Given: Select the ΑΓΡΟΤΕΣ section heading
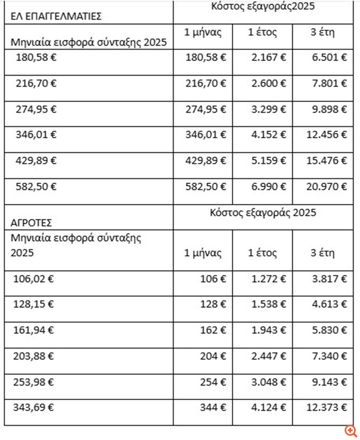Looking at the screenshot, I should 31,223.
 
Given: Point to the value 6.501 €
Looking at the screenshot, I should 329,57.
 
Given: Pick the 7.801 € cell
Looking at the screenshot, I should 329,83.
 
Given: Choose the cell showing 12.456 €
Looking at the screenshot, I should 327,135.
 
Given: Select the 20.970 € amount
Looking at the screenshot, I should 327,187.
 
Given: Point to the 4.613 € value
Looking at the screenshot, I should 329,304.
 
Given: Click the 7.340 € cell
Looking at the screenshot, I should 329,356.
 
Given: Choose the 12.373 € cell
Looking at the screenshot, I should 327,408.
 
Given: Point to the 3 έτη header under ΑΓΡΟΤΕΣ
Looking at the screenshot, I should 322,252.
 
